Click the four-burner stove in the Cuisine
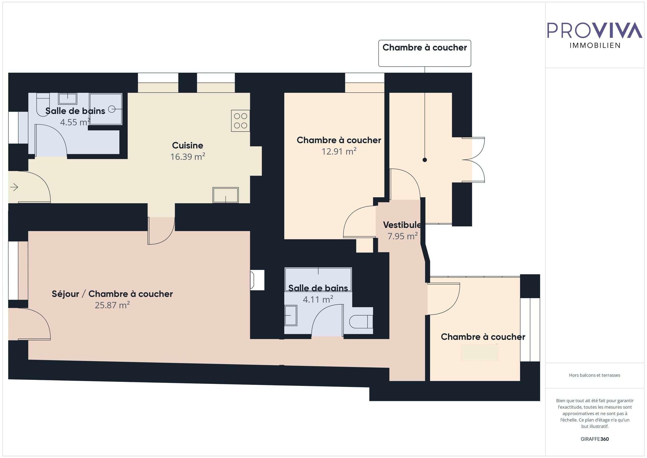coord(240,121)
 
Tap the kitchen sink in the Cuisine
coord(225,195)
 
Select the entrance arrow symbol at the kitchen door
coord(14,187)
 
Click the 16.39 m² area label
coord(188,157)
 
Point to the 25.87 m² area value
coord(112,305)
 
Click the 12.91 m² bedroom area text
coord(339,151)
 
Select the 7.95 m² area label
coord(402,236)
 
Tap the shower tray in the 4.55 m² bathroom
coord(106,109)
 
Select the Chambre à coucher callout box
coord(424,53)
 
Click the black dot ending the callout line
coord(425,160)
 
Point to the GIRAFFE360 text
coord(595,439)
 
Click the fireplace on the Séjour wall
coord(257,280)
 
